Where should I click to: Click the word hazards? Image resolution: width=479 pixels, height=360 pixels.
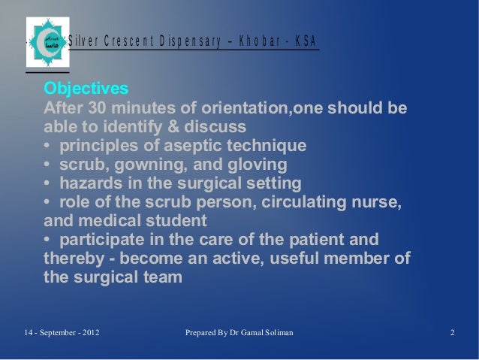[x=92, y=183]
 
